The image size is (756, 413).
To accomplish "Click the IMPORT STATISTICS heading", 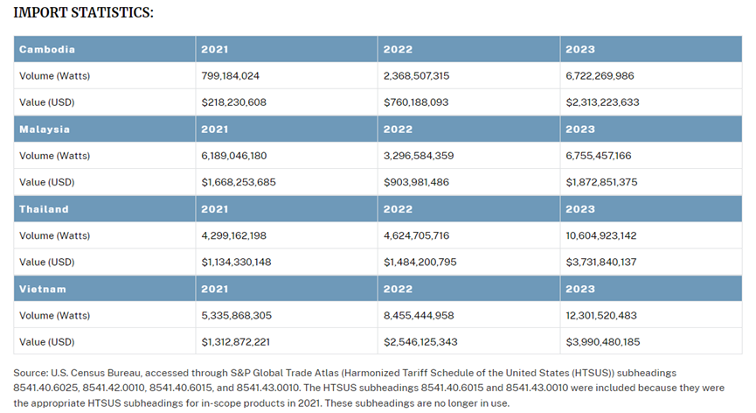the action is tap(83, 12).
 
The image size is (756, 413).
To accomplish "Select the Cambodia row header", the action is tap(47, 49).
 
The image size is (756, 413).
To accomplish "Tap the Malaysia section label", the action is tap(45, 129).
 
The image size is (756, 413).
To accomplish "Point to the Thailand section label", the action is tap(44, 209).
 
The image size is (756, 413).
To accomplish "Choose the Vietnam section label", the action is tap(43, 289).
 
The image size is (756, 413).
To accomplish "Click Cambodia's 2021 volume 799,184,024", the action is tap(230, 76).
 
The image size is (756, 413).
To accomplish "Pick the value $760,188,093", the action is tap(416, 102).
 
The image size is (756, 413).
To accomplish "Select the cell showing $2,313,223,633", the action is tap(602, 102).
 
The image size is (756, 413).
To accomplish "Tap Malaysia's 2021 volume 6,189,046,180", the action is tap(234, 156).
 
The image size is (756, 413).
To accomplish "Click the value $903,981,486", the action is tap(416, 182).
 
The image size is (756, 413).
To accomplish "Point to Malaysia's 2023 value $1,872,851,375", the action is tap(601, 182).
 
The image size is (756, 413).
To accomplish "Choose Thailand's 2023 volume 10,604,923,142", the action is tap(600, 235).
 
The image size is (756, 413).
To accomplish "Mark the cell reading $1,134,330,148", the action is tap(236, 262).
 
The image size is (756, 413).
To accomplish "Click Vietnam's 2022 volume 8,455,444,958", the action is tap(419, 316).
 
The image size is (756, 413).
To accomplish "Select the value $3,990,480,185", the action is tap(603, 342).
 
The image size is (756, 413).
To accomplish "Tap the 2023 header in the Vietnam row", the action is tap(580, 289).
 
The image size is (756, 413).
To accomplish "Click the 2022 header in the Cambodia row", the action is tap(398, 49).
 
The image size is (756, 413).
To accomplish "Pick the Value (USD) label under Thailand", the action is tap(47, 262).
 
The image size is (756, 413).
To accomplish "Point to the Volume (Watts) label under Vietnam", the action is tap(54, 316).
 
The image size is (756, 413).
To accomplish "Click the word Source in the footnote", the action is tap(30, 373).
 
